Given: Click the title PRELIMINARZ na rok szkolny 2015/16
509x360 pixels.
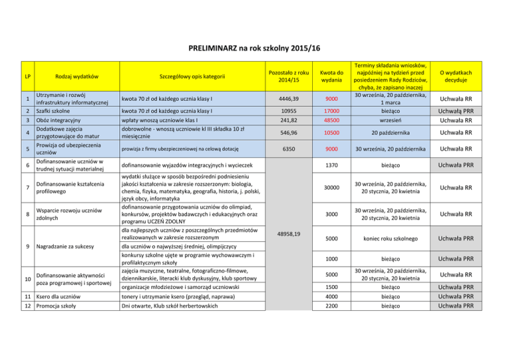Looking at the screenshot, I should pyautogui.click(x=254, y=48).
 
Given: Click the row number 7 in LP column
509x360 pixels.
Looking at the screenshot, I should pyautogui.click(x=25, y=188).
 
